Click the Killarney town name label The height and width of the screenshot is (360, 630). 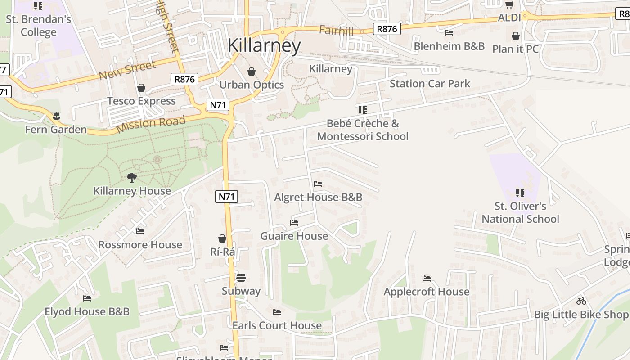[264, 46]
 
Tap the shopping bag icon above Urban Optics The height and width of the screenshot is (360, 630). [252, 72]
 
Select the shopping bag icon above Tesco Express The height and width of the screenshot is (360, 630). [141, 88]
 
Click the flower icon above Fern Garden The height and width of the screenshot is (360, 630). [56, 116]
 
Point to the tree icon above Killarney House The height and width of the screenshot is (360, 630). [131, 178]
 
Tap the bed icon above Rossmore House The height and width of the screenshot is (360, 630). [140, 231]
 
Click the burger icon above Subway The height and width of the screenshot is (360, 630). [241, 278]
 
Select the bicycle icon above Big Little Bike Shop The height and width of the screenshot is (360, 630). [581, 301]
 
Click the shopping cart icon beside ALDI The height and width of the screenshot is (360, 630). [509, 5]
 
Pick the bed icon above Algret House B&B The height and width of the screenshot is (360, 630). [318, 184]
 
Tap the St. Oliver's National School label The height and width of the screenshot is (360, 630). [520, 213]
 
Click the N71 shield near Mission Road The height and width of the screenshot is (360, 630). [218, 105]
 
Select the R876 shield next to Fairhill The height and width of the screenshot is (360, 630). [387, 29]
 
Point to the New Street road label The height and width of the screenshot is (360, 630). [127, 70]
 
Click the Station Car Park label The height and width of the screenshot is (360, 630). [430, 84]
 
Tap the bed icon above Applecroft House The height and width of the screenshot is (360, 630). [427, 279]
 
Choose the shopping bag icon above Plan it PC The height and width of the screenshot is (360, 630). [516, 36]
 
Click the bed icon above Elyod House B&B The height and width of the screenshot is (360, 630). [87, 298]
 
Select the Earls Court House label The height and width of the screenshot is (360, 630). [277, 325]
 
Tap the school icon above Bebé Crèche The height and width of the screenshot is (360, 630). [363, 110]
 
